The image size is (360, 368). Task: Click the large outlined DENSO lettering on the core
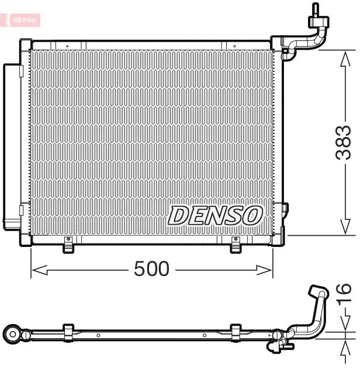214,215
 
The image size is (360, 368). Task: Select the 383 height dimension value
344,142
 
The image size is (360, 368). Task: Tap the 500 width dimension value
151,269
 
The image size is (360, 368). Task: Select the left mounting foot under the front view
69,246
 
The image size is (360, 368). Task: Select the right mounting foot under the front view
236,246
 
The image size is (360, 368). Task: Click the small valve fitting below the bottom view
278,348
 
